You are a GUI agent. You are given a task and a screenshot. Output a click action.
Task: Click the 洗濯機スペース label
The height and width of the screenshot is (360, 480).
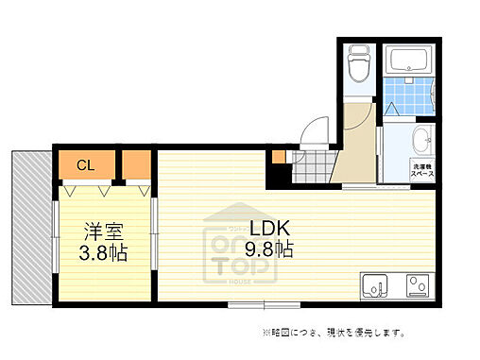point(422,171)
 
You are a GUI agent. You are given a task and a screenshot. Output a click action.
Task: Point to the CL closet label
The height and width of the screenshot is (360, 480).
point(85,166)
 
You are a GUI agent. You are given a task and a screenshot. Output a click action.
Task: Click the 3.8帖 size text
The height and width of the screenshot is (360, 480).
point(104,253)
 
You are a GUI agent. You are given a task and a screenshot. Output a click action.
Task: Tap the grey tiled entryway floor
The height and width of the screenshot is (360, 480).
point(310,168)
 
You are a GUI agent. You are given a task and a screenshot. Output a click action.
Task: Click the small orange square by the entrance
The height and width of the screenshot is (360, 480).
point(277,159)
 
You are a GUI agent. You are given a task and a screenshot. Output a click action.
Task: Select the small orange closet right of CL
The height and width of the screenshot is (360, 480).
point(136,165)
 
